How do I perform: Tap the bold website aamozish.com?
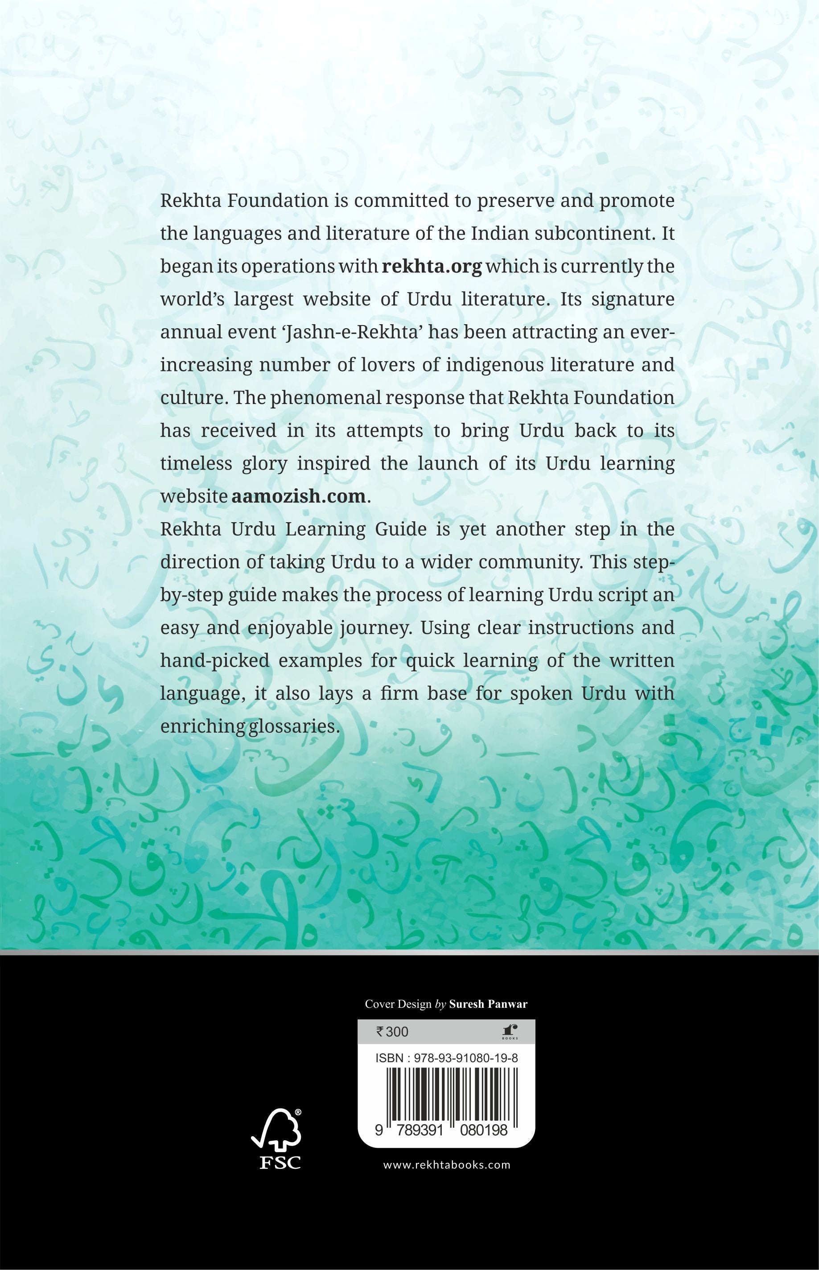298,496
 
